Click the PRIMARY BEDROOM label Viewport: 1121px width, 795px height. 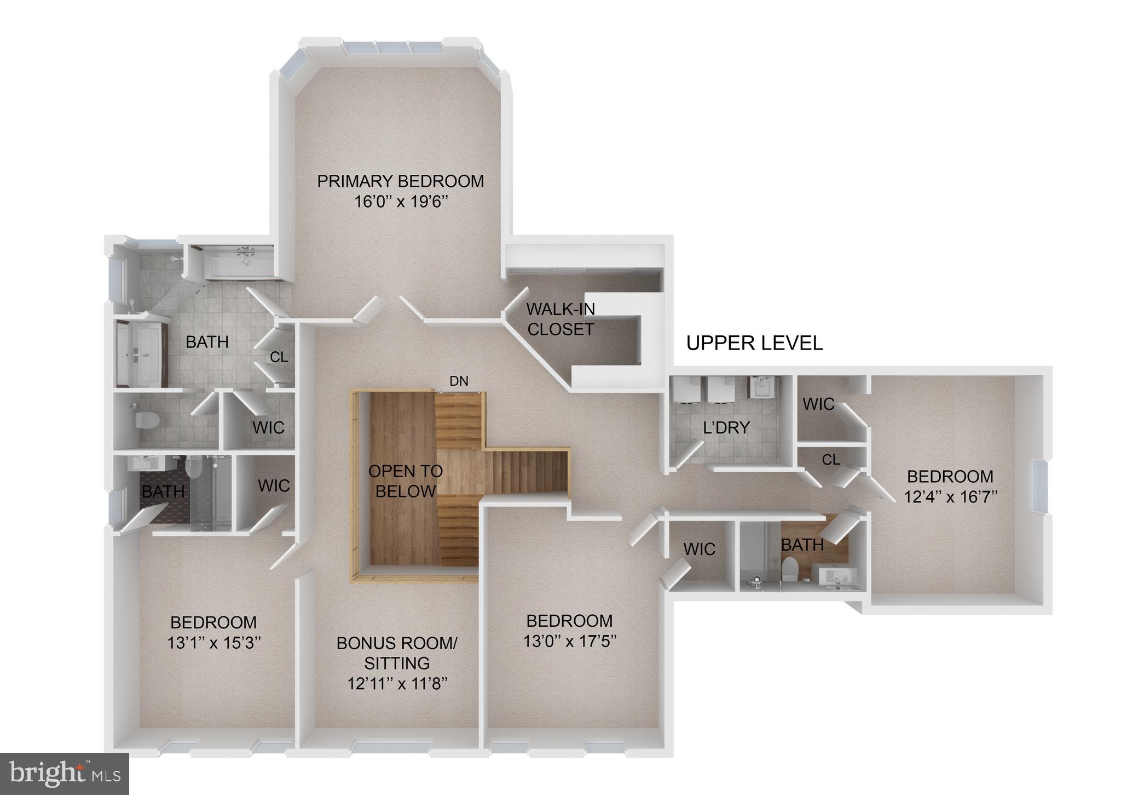point(400,181)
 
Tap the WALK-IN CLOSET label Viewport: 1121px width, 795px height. point(560,319)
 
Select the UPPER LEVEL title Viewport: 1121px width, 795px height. point(754,343)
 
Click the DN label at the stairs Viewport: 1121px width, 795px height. point(459,381)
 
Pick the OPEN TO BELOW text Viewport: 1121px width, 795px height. point(406,481)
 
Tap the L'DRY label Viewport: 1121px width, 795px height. point(726,427)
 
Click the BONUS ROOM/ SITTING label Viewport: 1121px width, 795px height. point(397,653)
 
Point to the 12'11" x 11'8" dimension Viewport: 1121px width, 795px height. point(397,684)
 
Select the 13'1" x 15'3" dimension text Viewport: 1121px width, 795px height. point(213,642)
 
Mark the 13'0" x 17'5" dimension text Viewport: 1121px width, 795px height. point(570,640)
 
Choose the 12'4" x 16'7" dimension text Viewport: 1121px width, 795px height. point(950,496)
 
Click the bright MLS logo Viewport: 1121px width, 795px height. point(65,774)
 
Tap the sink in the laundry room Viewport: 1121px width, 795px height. point(763,388)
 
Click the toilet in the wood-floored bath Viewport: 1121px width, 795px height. point(789,569)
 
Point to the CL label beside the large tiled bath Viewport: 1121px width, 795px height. point(279,357)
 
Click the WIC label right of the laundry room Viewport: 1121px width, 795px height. point(818,404)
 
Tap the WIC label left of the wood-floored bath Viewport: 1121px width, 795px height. point(699,549)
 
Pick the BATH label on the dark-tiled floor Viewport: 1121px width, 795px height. point(163,491)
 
